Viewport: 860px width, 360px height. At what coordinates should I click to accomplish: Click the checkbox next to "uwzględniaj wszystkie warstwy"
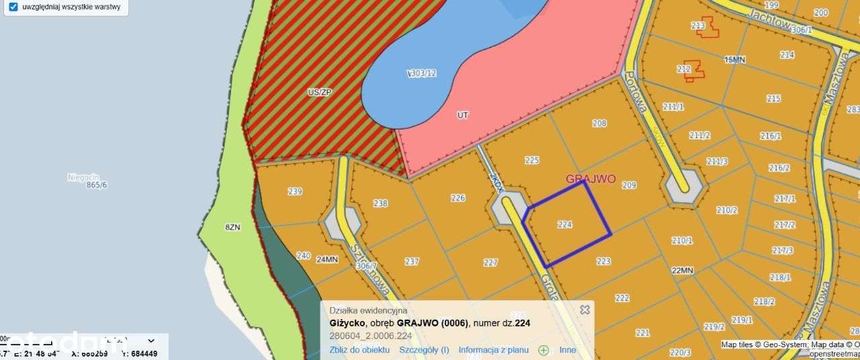[13, 7]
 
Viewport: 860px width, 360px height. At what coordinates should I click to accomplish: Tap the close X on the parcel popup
[585, 310]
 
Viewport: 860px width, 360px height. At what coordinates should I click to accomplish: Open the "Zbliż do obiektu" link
[359, 350]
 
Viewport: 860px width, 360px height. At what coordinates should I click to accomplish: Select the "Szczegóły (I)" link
[424, 350]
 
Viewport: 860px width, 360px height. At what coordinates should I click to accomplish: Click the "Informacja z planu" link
[493, 350]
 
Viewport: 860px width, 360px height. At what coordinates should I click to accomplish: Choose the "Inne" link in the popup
[568, 350]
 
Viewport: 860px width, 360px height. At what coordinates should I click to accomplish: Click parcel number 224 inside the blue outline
[564, 225]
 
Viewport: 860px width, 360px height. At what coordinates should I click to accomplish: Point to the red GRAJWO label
[591, 179]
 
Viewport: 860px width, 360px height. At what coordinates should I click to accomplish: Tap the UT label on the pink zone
[462, 116]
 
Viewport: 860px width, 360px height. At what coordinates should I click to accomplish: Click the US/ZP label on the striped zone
[319, 92]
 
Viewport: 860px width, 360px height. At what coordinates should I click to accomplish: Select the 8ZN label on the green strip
[232, 228]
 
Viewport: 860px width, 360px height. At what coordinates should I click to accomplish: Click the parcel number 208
[599, 124]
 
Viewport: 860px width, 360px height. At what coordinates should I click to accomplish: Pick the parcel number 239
[295, 191]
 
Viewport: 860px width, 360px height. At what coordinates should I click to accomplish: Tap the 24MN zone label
[327, 259]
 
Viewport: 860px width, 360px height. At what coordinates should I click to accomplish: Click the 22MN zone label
[682, 271]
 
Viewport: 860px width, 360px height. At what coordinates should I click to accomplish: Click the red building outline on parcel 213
[707, 27]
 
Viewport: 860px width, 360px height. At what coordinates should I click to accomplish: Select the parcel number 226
[458, 198]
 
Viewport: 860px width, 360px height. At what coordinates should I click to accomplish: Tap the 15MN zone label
[735, 60]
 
